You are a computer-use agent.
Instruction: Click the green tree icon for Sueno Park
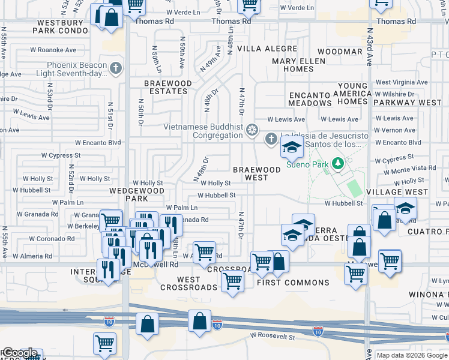(x=338, y=163)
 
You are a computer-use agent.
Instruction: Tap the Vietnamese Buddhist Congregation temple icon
(x=253, y=129)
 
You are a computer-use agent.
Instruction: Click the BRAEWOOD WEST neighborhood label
(x=257, y=174)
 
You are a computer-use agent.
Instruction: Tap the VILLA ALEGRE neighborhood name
(x=267, y=49)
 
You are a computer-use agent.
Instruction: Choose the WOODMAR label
(x=339, y=52)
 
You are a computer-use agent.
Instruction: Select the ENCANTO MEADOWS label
(x=310, y=99)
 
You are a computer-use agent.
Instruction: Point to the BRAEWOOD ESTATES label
(x=167, y=88)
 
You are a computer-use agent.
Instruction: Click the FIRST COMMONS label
(x=293, y=283)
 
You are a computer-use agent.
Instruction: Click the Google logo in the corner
(x=19, y=353)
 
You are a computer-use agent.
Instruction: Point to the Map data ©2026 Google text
(x=412, y=355)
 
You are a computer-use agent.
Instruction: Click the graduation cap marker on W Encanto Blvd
(x=292, y=148)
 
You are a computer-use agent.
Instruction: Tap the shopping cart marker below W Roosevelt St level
(x=104, y=344)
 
